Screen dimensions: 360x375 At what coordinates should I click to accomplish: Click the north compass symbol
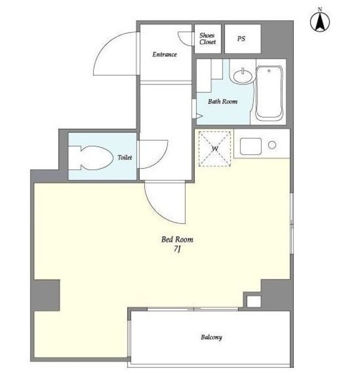pyautogui.click(x=320, y=21)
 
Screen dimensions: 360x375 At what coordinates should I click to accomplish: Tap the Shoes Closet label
pyautogui.click(x=207, y=39)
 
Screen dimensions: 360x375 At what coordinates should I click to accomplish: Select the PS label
pyautogui.click(x=241, y=39)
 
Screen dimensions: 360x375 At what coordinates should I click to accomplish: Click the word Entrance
pyautogui.click(x=164, y=54)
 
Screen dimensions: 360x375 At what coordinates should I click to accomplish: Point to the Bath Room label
pyautogui.click(x=222, y=101)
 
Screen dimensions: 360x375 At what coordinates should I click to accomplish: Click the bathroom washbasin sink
pyautogui.click(x=243, y=76)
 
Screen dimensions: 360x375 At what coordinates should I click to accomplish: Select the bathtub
pyautogui.click(x=269, y=93)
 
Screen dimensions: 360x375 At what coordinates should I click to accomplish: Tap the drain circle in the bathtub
pyautogui.click(x=269, y=71)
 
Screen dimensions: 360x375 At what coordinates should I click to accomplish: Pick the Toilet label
pyautogui.click(x=125, y=158)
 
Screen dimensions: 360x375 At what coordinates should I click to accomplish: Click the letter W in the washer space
pyautogui.click(x=215, y=149)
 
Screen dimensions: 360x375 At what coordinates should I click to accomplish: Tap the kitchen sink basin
pyautogui.click(x=251, y=146)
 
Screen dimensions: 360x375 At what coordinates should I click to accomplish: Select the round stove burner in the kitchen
pyautogui.click(x=272, y=145)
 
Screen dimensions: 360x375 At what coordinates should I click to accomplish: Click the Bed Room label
pyautogui.click(x=177, y=240)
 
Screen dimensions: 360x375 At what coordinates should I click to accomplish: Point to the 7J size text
pyautogui.click(x=177, y=249)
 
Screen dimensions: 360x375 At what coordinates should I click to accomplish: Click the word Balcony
pyautogui.click(x=211, y=337)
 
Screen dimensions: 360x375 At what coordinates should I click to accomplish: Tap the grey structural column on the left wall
pyautogui.click(x=46, y=295)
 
